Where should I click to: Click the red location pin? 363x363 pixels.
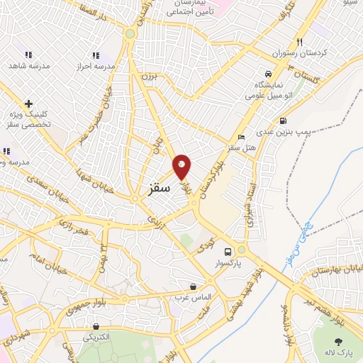pos(181,167)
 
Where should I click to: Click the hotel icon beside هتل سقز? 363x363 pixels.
pos(242,138)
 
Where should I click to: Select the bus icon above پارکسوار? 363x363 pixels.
pos(228,252)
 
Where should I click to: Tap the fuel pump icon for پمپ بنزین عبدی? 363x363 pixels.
pos(283,121)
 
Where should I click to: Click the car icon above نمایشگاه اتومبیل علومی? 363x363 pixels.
pos(267,74)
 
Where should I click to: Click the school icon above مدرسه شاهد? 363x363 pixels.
pos(28,55)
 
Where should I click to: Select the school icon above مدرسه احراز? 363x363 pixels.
pos(96,55)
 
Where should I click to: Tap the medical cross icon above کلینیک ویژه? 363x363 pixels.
pos(28,104)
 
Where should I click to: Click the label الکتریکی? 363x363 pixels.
pos(96,337)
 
